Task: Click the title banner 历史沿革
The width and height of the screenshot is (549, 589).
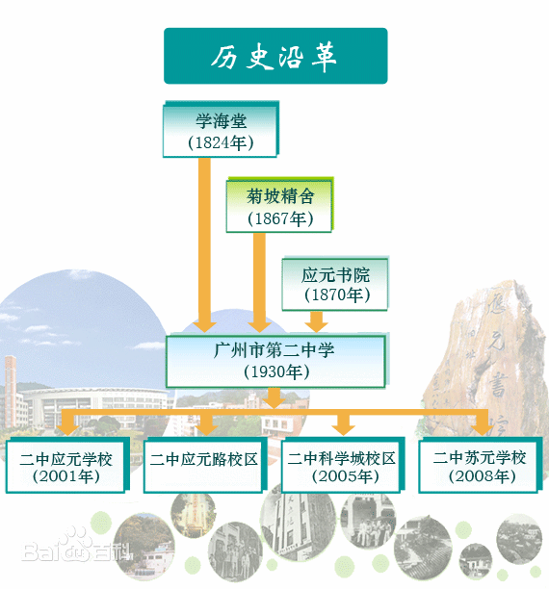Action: (x=274, y=56)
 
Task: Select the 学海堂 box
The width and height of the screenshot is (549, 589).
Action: (x=220, y=130)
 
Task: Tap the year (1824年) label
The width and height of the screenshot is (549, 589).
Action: (x=220, y=143)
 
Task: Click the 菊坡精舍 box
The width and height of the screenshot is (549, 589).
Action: (x=280, y=205)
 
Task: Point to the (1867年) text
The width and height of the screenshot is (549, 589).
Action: (x=280, y=218)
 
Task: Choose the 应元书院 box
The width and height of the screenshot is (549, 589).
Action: (x=336, y=283)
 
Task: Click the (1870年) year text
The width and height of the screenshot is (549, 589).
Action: (x=336, y=296)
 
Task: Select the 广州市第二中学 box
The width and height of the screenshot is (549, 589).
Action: (x=275, y=360)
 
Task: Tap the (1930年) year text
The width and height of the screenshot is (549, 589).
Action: (x=275, y=372)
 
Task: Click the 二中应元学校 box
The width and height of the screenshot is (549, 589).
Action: (x=65, y=466)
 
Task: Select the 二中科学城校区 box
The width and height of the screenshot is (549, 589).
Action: (x=342, y=466)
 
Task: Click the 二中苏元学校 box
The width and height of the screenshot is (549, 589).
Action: (x=480, y=466)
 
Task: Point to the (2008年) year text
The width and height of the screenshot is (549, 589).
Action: (x=480, y=476)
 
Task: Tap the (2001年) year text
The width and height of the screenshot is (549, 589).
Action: (x=65, y=476)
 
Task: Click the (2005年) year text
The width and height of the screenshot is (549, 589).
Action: (x=342, y=476)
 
